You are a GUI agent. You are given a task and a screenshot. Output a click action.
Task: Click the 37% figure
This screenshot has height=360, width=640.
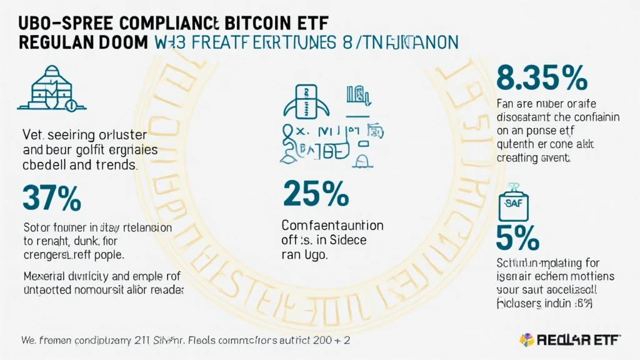[52, 197]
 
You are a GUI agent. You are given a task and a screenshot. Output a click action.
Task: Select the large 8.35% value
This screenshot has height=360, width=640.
[541, 78]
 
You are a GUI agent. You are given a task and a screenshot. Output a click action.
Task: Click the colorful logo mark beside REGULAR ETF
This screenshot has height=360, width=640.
[526, 340]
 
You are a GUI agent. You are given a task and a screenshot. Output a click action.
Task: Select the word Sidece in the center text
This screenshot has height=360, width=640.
[346, 240]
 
